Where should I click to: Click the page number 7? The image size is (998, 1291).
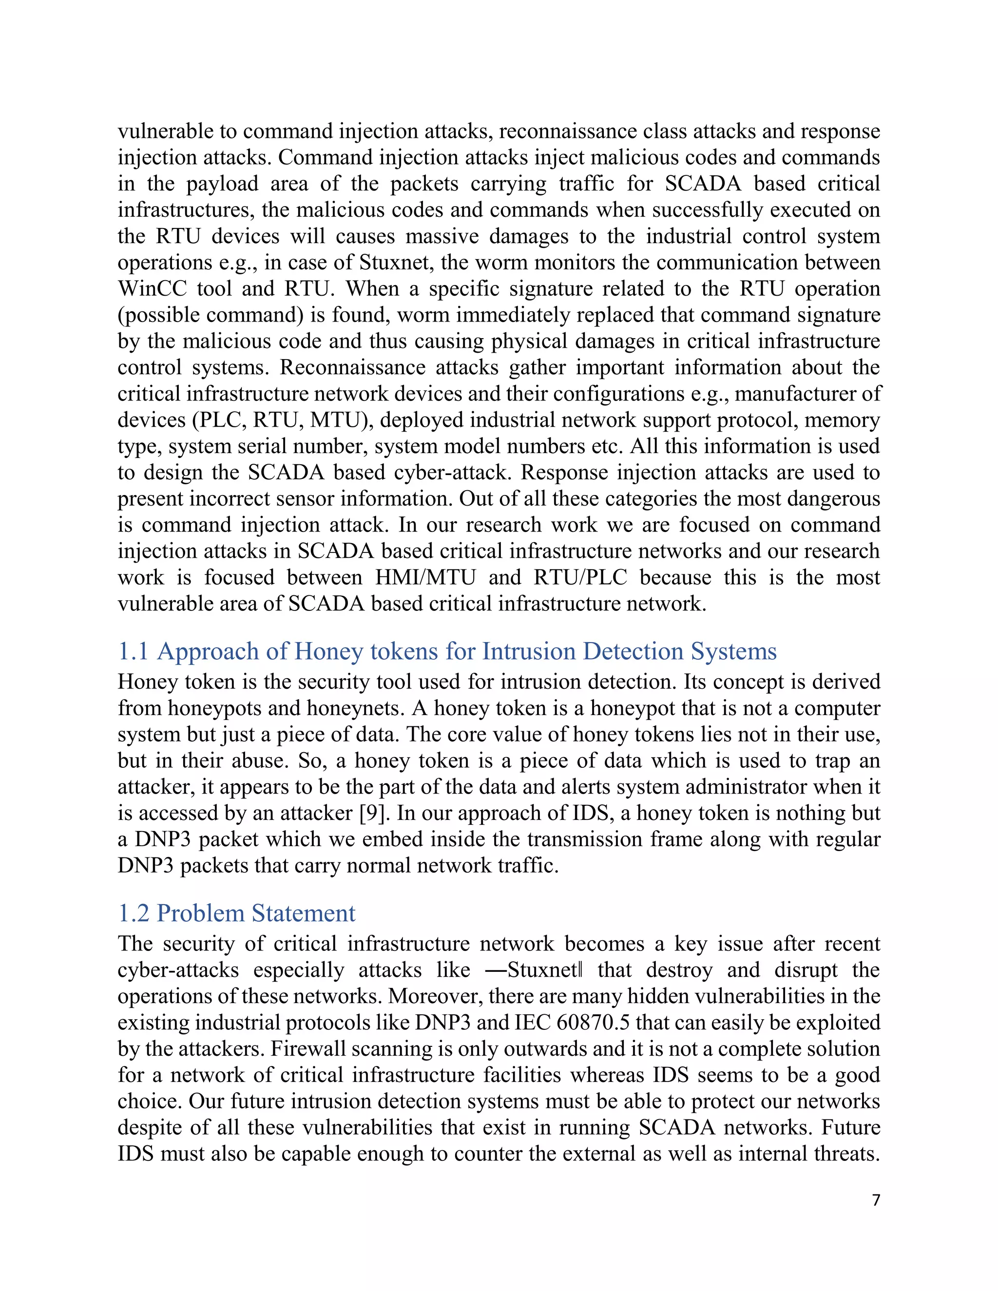tap(876, 1200)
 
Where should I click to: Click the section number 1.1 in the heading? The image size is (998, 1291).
tap(133, 651)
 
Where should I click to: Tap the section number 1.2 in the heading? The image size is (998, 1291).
tap(134, 913)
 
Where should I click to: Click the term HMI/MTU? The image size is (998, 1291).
tap(425, 577)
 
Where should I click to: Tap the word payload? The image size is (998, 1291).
tap(222, 184)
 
